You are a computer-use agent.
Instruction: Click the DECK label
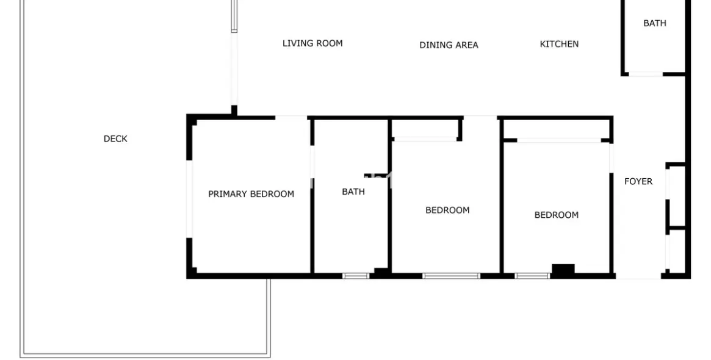(x=115, y=139)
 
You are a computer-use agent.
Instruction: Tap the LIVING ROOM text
(x=312, y=43)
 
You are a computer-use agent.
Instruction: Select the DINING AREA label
(x=449, y=45)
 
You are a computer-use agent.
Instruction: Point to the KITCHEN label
(x=559, y=44)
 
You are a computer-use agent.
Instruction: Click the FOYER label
(x=638, y=181)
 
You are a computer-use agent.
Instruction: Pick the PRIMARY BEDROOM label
(x=251, y=194)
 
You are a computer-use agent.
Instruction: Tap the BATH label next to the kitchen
(x=655, y=23)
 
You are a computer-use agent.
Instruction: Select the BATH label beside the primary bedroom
(x=353, y=192)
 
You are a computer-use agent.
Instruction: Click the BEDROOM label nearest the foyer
(x=557, y=215)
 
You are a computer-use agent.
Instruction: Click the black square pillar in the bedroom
(x=563, y=269)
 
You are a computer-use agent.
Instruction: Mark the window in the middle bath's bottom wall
(x=356, y=276)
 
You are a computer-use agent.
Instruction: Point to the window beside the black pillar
(x=532, y=276)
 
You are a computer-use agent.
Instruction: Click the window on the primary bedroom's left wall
(x=190, y=198)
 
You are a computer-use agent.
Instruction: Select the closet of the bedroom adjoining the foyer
(x=557, y=130)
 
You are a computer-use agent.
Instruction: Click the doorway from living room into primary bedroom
(x=291, y=118)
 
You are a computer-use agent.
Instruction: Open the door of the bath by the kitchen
(x=646, y=74)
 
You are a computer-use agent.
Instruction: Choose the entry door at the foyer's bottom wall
(x=638, y=276)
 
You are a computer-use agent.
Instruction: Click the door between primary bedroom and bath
(x=312, y=162)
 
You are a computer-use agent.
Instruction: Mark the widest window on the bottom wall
(x=451, y=276)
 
